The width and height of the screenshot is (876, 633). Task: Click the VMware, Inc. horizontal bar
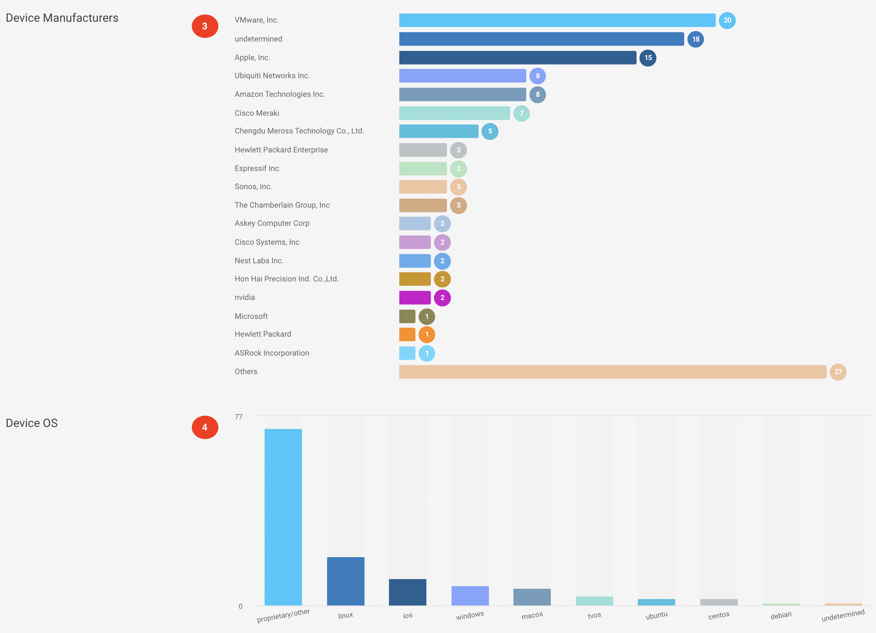coord(557,20)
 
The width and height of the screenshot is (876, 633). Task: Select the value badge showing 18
coord(695,39)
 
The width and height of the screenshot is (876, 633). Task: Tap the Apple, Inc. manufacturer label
coord(252,58)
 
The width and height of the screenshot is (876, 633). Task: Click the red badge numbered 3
coord(205,26)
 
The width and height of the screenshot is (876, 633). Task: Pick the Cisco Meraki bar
coord(454,113)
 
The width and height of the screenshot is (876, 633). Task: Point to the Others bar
coord(612,372)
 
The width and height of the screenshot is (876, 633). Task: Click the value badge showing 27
coord(838,372)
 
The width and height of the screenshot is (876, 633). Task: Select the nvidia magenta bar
coord(415,298)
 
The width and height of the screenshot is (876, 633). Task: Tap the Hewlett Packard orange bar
coord(407,334)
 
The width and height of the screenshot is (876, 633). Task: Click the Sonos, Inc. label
coord(253,187)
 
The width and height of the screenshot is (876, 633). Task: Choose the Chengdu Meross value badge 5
coord(490,131)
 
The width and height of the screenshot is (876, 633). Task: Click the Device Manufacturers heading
coord(62,18)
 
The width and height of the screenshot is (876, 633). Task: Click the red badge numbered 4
coord(205,427)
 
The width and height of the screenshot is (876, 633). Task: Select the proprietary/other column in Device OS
coord(283,517)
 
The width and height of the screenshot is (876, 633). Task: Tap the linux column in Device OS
coord(345,581)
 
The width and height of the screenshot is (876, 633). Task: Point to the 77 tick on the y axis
coord(239,417)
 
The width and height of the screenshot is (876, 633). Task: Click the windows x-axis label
coord(470,616)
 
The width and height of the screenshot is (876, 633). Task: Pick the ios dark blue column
coord(407,592)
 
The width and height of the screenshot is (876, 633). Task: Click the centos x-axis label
coord(718,615)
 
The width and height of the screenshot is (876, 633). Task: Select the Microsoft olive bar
coord(407,316)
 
